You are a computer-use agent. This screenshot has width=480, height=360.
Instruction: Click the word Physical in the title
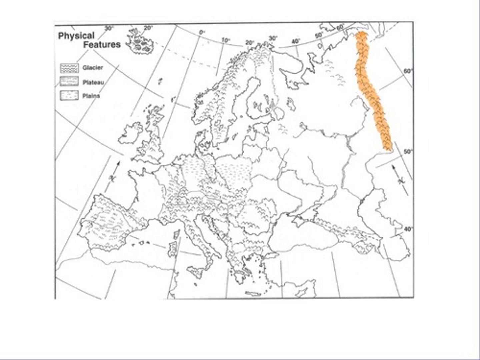[76, 36]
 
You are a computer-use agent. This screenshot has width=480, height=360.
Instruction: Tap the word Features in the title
[102, 45]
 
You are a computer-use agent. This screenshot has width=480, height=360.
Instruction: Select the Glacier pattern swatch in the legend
[69, 68]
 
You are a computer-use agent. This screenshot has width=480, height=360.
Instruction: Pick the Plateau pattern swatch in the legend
[69, 82]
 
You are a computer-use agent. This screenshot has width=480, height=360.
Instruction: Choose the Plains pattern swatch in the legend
[69, 96]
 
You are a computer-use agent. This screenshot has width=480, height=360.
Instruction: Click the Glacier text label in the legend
[93, 68]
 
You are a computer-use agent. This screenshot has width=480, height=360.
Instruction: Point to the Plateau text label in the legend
[93, 82]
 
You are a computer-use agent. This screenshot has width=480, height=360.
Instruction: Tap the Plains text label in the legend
[91, 96]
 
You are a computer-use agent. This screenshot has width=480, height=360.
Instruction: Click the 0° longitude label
[202, 32]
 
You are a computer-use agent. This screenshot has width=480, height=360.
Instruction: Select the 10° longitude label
[226, 40]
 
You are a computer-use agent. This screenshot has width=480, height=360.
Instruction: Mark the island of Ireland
[131, 133]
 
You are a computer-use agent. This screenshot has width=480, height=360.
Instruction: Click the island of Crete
[253, 294]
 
